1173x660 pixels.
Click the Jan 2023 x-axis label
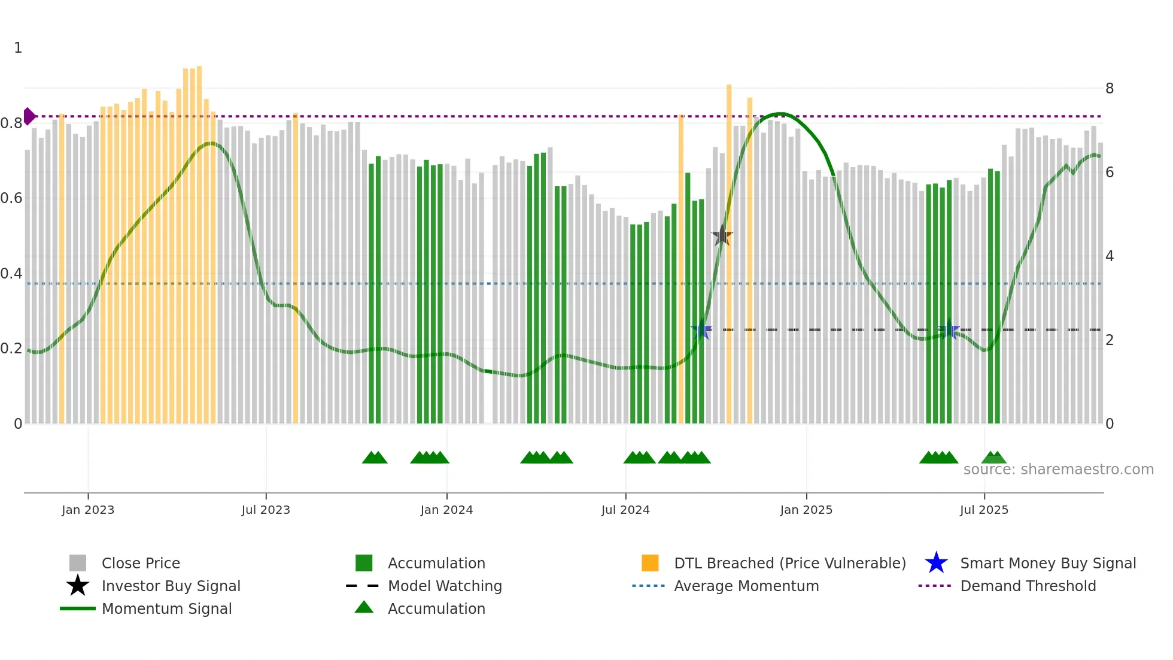pos(88,510)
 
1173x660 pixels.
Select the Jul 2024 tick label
pos(625,510)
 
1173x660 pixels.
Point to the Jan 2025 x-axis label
pos(806,510)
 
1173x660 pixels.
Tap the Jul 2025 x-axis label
pos(984,510)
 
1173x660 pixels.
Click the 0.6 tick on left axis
pos(11,198)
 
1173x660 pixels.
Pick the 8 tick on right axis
pos(1110,89)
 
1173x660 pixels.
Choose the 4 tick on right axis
pos(1110,256)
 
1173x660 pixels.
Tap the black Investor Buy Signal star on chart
pos(722,235)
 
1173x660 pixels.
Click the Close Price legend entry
pos(141,563)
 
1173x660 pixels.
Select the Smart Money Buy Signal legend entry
pos(1047,563)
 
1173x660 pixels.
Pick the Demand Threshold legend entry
pos(1028,586)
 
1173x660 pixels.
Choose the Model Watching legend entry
pos(445,586)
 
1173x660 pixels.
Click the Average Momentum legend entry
pos(746,586)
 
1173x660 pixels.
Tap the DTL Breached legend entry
pos(789,563)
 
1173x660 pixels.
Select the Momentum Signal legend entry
pos(166,608)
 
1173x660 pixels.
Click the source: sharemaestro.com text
pos(1058,470)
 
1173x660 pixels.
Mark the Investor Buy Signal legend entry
pos(171,586)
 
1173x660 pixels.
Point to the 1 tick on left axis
pos(18,48)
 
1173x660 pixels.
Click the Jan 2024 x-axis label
pos(446,510)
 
